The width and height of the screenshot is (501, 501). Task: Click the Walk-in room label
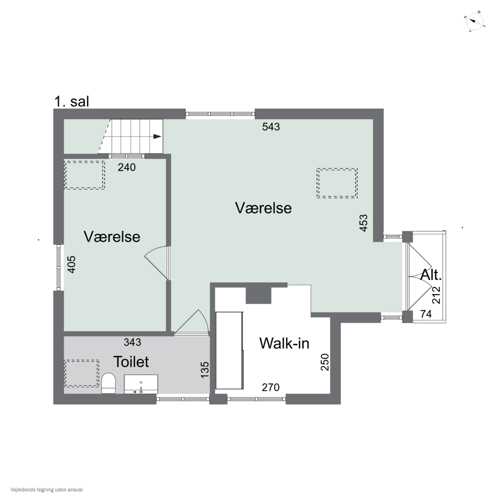point(284,343)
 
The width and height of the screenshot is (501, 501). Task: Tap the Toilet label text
point(131,362)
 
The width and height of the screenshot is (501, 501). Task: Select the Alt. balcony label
point(431,275)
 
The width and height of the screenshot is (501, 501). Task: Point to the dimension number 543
point(271,127)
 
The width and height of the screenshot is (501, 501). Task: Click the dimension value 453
point(364,223)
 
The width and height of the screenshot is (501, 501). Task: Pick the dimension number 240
point(127,168)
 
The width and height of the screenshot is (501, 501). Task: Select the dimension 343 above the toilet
point(132,342)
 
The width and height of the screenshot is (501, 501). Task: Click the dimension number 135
point(205,370)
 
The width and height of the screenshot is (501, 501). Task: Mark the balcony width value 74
point(426,314)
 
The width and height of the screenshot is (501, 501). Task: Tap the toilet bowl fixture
point(108,383)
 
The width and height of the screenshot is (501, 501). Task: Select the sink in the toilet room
point(141,384)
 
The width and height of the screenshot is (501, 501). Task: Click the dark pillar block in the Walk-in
point(258,296)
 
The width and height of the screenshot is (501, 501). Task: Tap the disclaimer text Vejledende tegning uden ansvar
point(47,490)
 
